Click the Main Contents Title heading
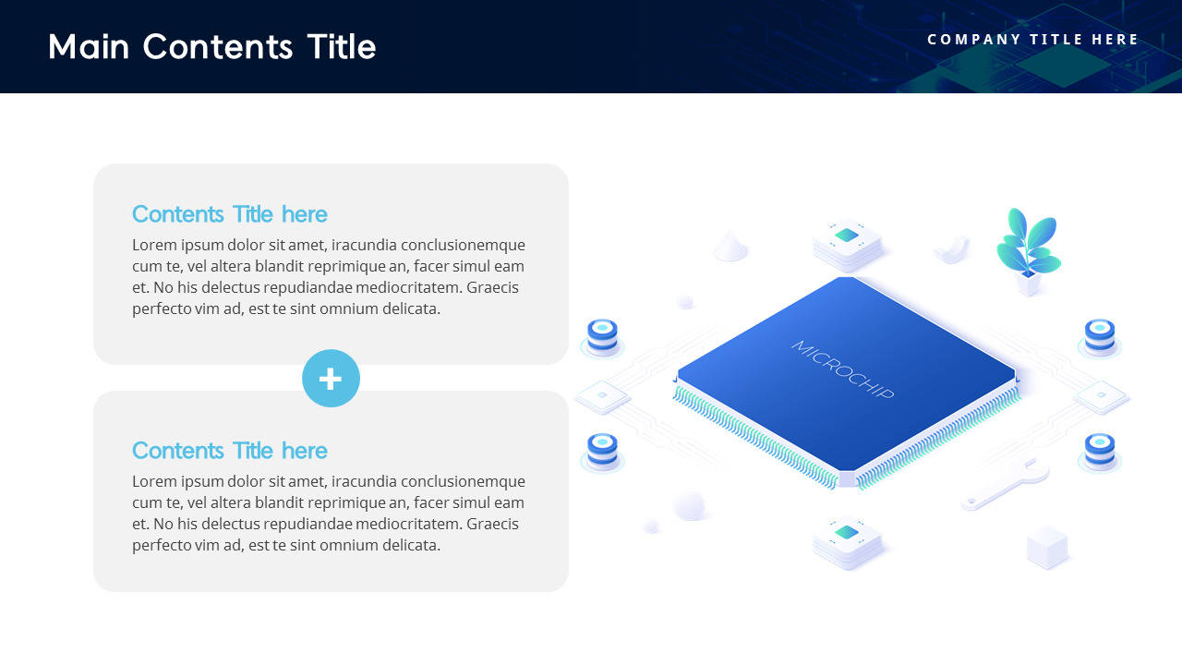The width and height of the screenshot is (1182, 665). [211, 46]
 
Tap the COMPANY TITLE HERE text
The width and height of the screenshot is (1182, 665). [1033, 40]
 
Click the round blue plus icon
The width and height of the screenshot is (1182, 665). [331, 379]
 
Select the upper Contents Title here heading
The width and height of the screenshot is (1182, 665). [229, 214]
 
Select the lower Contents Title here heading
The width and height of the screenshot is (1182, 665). [229, 451]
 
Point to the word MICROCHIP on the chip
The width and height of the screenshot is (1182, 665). [842, 369]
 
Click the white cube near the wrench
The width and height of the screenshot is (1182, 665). [1046, 546]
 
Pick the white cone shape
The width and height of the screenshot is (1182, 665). [730, 246]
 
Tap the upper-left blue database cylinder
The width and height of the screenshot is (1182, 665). [602, 336]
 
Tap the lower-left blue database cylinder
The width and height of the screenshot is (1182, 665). [602, 451]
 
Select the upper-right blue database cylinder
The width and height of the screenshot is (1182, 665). [1099, 336]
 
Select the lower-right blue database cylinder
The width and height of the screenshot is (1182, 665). [1099, 451]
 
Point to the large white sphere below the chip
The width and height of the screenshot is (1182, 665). [689, 505]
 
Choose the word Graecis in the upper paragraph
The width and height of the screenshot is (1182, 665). [492, 287]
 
